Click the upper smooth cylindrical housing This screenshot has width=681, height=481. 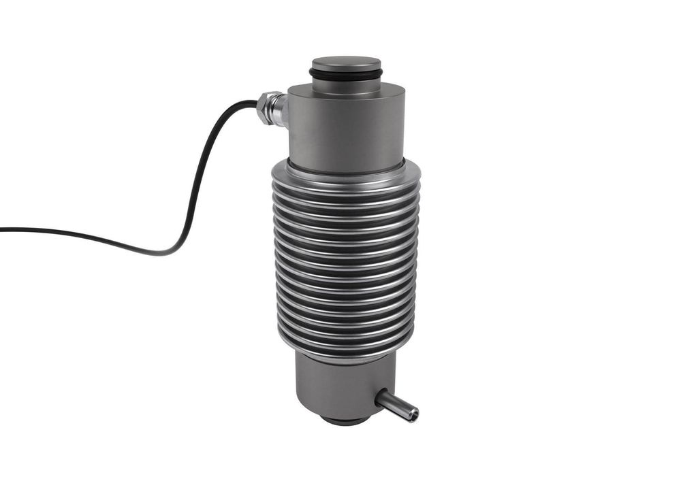point(346,129)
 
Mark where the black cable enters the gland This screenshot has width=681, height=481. point(258,103)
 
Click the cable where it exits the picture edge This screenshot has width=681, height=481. point(2,229)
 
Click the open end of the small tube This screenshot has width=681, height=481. point(413,413)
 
